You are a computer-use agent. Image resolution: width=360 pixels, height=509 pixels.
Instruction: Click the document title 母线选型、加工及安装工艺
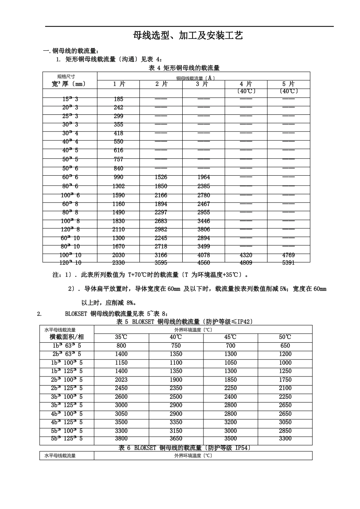(x=188, y=36)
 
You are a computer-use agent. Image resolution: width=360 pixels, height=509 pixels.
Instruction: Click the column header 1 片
(x=119, y=84)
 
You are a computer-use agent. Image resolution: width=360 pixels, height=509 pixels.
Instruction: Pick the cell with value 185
(x=119, y=99)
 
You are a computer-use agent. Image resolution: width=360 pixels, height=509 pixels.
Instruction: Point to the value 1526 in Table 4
(x=161, y=177)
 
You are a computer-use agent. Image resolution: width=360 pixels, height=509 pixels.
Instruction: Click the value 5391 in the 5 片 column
(x=288, y=262)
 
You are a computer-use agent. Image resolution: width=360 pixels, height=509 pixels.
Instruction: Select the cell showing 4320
(x=246, y=255)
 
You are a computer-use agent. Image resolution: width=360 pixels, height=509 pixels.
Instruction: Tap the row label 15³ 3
(x=70, y=99)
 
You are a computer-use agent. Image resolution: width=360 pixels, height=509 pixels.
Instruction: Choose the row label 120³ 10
(x=70, y=262)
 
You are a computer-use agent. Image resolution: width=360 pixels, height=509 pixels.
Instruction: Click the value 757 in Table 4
(x=119, y=159)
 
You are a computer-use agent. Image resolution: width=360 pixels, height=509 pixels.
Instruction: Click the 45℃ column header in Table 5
(x=230, y=337)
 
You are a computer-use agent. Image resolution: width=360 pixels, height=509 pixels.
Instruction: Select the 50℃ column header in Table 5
(x=285, y=337)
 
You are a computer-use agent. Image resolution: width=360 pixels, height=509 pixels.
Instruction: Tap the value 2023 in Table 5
(x=121, y=380)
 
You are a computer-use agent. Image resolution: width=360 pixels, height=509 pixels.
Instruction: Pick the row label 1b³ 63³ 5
(x=67, y=346)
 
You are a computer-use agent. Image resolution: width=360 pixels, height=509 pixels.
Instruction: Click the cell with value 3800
(x=121, y=439)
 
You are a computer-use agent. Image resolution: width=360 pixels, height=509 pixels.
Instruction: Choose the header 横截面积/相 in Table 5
(x=67, y=337)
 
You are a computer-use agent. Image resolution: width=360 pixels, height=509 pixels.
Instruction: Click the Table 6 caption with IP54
(x=185, y=448)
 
